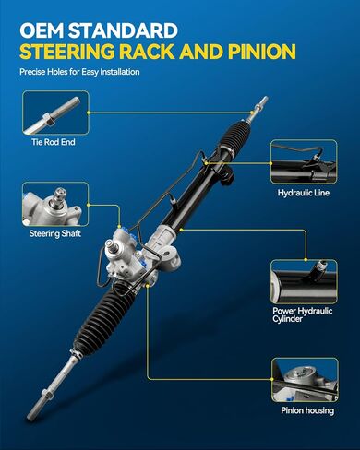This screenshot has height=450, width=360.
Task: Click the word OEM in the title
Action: pyautogui.click(x=42, y=30)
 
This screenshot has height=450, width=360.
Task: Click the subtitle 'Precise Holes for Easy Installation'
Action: pyautogui.click(x=79, y=72)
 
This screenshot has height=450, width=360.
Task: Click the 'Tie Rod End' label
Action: pyautogui.click(x=54, y=142)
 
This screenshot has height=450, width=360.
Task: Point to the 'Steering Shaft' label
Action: pyautogui.click(x=55, y=233)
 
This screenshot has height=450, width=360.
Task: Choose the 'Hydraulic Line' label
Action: pyautogui.click(x=304, y=193)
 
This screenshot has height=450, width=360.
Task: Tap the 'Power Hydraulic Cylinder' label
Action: pyautogui.click(x=303, y=314)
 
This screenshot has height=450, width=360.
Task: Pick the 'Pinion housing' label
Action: pyautogui.click(x=307, y=410)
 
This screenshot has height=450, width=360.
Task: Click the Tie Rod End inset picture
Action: pyautogui.click(x=55, y=112)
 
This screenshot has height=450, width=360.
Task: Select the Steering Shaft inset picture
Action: pyautogui.click(x=55, y=204)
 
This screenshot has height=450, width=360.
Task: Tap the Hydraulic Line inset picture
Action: pyautogui.click(x=304, y=162)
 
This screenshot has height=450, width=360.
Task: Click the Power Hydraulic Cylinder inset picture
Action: pyautogui.click(x=304, y=281)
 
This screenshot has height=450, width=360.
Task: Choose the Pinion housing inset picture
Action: pyautogui.click(x=305, y=380)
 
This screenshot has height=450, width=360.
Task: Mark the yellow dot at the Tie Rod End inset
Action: pyautogui.click(x=89, y=112)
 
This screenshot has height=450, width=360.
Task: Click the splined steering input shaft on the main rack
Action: pyautogui.click(x=110, y=245)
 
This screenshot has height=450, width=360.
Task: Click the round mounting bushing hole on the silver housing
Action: pyautogui.click(x=167, y=254)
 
